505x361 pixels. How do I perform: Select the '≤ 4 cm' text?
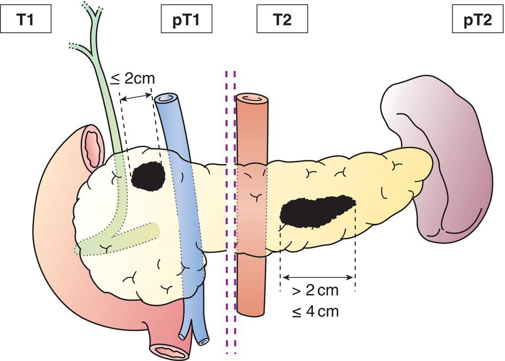(x=316, y=311)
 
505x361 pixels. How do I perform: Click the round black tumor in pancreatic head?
(x=148, y=176)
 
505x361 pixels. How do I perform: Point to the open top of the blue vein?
(x=166, y=99)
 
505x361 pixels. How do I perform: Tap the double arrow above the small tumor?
(x=136, y=98)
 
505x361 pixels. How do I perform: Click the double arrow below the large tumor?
(x=317, y=277)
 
